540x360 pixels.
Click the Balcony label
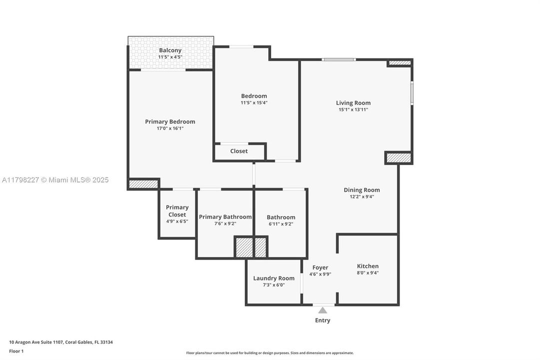tap(170, 50)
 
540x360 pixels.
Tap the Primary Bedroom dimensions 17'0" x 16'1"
tap(170, 128)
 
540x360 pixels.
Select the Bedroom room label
tap(254, 96)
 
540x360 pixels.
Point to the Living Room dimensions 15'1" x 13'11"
tap(353, 109)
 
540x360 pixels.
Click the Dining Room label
tap(362, 190)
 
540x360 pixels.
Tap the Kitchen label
tap(368, 266)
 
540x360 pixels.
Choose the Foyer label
tap(320, 267)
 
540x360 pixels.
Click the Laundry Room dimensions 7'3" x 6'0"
tap(274, 285)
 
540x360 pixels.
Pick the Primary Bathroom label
tap(225, 216)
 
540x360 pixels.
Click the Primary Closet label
tap(177, 211)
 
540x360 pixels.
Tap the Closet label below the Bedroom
tap(239, 151)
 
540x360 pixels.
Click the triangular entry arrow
tap(323, 310)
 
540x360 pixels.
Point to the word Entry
tap(323, 320)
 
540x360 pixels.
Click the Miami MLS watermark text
tap(55, 180)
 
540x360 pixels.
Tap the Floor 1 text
tap(16, 351)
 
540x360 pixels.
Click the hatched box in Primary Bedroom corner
tap(143, 184)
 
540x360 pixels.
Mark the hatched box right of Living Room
tap(399, 158)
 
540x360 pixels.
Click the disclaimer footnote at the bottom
tap(270, 353)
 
